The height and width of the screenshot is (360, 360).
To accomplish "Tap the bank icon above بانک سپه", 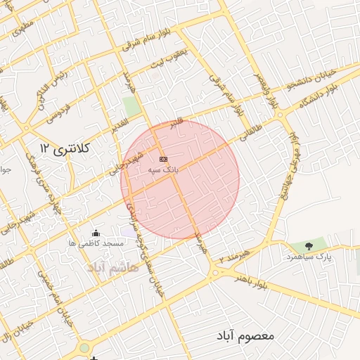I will click(164, 159).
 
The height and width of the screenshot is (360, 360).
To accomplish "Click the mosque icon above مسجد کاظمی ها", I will click(96, 233).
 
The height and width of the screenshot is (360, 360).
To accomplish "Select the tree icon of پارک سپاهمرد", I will click(309, 245).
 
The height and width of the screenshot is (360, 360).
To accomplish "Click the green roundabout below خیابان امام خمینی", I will click(84, 347).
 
